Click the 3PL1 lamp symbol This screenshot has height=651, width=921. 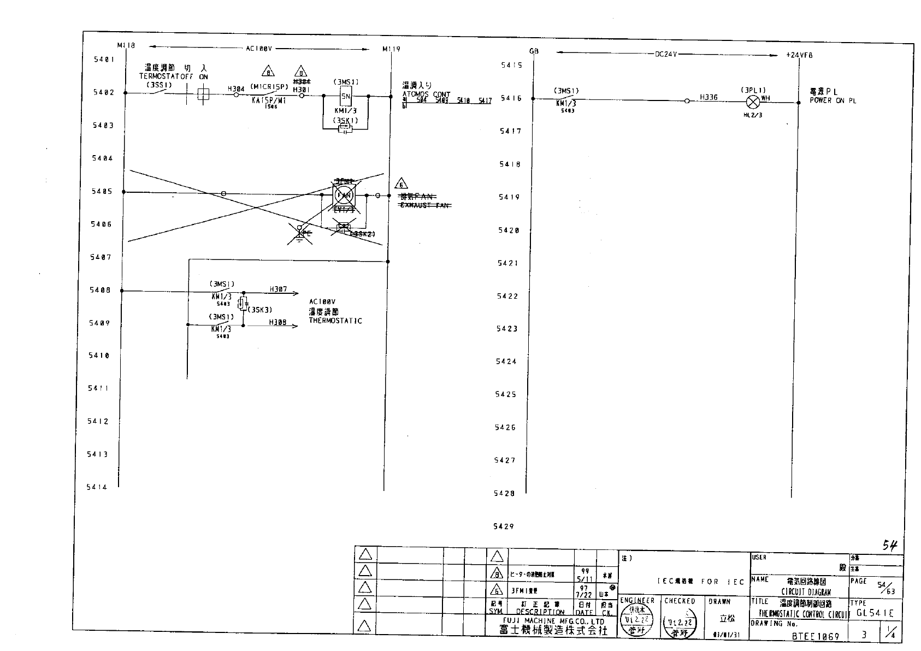coord(753,102)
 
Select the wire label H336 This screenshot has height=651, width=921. coord(709,97)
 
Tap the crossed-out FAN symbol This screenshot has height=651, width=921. coord(344,194)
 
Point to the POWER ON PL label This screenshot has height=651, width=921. coord(833,100)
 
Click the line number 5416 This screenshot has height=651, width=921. coord(511,98)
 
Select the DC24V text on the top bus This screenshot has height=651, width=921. coord(666,55)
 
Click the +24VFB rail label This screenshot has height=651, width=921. coord(799,55)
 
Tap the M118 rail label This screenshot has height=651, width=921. coord(126,45)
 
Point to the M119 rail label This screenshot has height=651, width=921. coord(391,49)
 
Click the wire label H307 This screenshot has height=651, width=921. coord(278,289)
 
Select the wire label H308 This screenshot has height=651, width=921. coord(278,322)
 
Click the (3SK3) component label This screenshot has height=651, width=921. coord(260,310)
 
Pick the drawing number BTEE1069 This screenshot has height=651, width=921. coord(816,636)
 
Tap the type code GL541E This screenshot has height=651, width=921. coord(875,613)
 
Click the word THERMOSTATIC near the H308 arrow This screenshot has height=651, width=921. coord(335,321)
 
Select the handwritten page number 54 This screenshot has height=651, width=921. coord(890,545)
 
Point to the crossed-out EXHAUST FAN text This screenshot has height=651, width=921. coord(425,205)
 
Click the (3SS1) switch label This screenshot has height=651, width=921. coord(159,85)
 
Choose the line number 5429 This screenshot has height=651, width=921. coord(504,526)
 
